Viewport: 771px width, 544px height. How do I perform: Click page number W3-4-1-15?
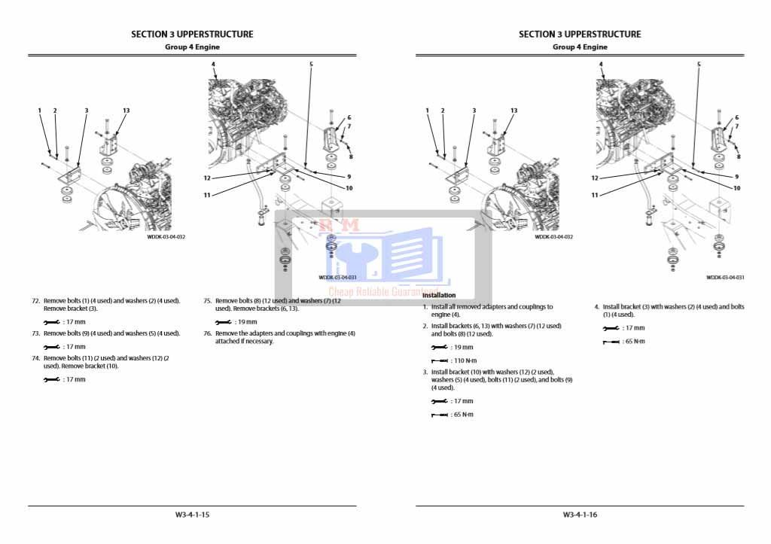[x=192, y=515]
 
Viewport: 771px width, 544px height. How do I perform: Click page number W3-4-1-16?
[x=580, y=515]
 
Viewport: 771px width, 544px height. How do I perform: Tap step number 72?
[x=35, y=301]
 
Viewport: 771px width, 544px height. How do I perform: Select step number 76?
[x=208, y=333]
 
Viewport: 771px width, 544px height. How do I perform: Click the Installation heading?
[x=439, y=295]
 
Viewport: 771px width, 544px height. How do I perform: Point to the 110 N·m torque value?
[x=464, y=360]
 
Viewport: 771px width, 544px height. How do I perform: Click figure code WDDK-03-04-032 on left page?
[x=166, y=236]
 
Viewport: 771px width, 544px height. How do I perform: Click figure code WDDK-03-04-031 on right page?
[x=725, y=278]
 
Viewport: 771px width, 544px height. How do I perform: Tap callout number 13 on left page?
[x=126, y=111]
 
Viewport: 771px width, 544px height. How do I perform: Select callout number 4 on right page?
[x=601, y=65]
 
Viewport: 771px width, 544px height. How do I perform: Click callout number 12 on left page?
[x=206, y=178]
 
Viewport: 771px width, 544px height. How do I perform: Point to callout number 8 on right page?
[x=738, y=157]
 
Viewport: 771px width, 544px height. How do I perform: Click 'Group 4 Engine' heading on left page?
[x=192, y=47]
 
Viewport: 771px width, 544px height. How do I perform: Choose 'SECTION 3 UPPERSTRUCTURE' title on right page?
[x=580, y=34]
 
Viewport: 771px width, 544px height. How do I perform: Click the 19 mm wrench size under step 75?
[x=247, y=322]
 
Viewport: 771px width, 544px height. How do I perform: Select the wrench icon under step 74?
[x=51, y=380]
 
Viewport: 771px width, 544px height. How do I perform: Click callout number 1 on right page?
[x=427, y=111]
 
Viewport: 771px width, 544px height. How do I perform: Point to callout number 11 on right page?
[x=594, y=195]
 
